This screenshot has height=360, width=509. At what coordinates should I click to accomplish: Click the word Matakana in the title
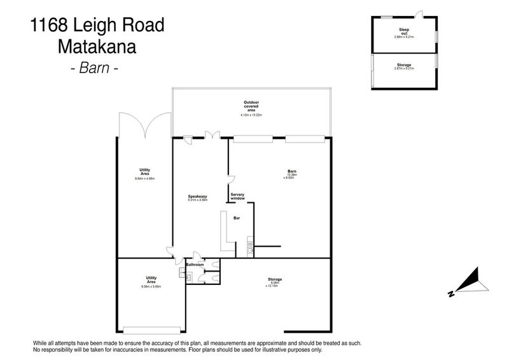click(97, 46)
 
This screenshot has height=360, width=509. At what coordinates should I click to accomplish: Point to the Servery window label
click(238, 197)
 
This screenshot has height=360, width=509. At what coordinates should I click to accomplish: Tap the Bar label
click(236, 218)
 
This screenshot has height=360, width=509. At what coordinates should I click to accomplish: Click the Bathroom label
click(195, 264)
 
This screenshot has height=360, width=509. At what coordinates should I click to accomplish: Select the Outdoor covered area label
click(251, 106)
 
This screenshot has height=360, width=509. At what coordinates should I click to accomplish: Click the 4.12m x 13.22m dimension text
click(251, 115)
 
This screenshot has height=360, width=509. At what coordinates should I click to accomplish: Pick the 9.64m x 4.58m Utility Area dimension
click(144, 179)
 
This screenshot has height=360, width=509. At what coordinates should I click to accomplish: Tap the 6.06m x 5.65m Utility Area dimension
click(151, 287)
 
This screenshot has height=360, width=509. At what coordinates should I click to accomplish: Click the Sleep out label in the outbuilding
click(404, 31)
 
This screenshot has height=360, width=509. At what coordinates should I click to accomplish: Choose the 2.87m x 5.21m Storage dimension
click(404, 68)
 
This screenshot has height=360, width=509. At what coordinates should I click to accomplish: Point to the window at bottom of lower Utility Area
click(151, 330)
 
